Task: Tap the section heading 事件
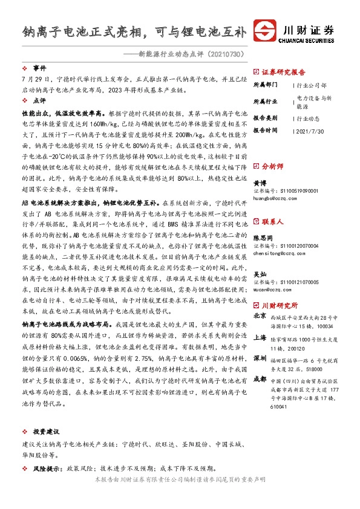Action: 39,69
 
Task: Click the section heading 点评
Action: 39,102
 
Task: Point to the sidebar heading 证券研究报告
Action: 284,71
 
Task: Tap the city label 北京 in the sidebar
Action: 260,316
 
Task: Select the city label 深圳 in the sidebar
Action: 260,358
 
